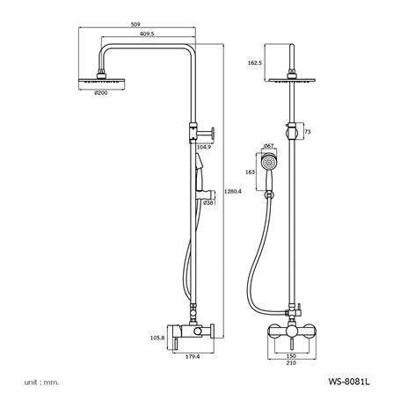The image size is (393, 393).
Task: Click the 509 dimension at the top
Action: tap(136, 25)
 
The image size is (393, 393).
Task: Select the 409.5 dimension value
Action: tap(147, 34)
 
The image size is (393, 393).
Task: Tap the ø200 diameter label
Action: tap(100, 93)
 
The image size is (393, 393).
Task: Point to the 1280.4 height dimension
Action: tap(232, 192)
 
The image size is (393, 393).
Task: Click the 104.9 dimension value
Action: tap(204, 147)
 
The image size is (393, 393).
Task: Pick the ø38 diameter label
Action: tap(208, 202)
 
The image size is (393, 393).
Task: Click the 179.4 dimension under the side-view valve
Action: tap(193, 357)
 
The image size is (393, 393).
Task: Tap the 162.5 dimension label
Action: tap(255, 62)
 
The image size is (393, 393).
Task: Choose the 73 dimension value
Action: tap(308, 132)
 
